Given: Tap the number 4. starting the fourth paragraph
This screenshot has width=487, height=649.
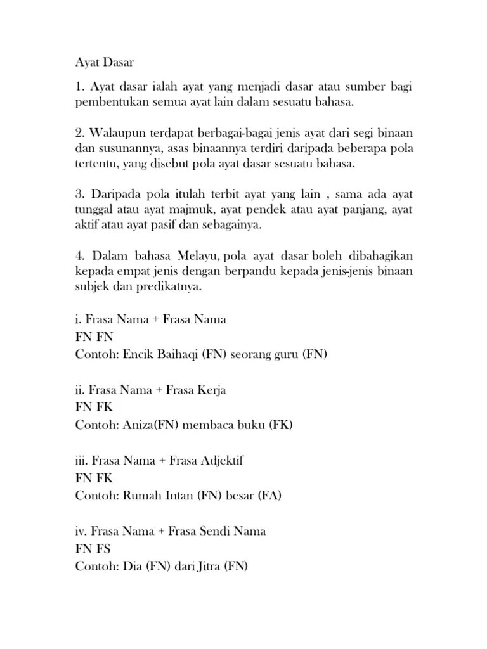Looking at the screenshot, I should click(x=80, y=256).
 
